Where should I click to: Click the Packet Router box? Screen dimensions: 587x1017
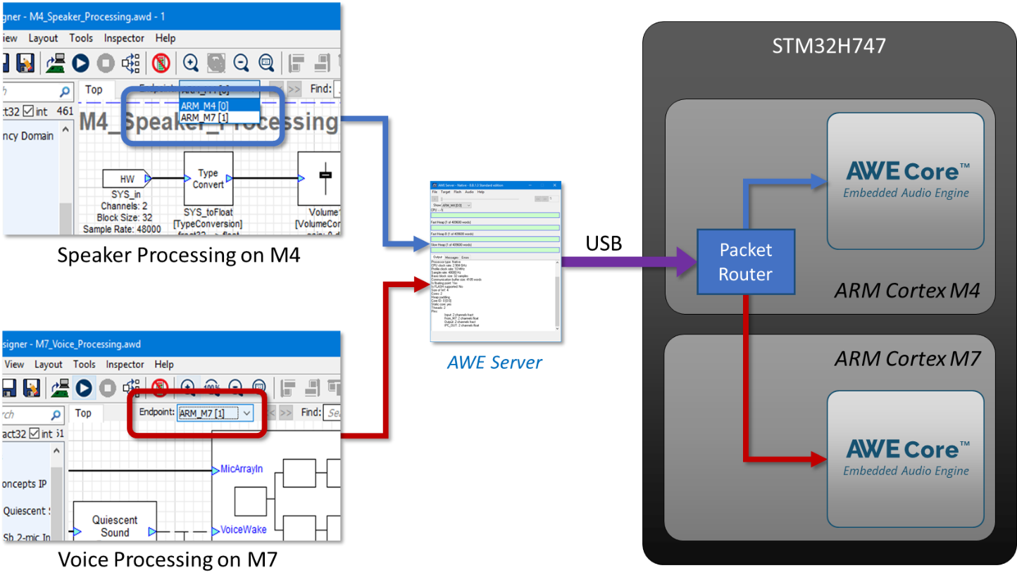[x=745, y=262]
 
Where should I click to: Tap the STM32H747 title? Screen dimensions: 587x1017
[x=829, y=46]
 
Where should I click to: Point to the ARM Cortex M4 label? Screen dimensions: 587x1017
[x=907, y=290]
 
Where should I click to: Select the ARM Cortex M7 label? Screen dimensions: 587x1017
[x=907, y=359]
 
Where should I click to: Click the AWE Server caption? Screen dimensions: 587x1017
[x=494, y=362]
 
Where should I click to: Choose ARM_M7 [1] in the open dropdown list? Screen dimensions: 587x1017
[x=204, y=118]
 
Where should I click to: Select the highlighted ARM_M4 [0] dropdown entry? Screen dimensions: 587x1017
[x=204, y=106]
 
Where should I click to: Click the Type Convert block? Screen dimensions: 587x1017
[x=208, y=179]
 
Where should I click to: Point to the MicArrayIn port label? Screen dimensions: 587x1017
[x=242, y=469]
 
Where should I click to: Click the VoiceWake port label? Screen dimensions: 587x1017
[x=243, y=529]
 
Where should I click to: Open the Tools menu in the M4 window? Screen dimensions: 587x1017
[x=81, y=38]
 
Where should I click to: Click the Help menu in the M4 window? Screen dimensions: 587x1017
[x=165, y=38]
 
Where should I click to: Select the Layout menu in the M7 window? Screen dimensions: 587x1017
[x=49, y=365]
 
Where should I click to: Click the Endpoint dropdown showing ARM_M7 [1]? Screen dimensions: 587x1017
[x=215, y=413]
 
